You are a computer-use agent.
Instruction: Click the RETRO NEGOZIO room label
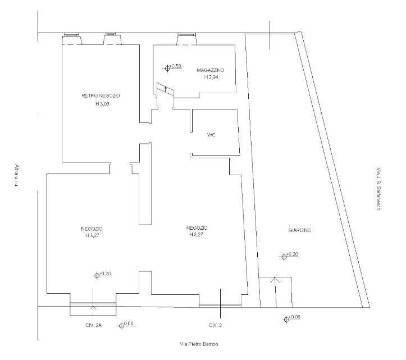pyautogui.click(x=101, y=96)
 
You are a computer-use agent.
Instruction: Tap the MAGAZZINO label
pyautogui.click(x=211, y=70)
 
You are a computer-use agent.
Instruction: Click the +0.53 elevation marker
pyautogui.click(x=172, y=67)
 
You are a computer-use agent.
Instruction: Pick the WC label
pyautogui.click(x=212, y=135)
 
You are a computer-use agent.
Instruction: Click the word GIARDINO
pyautogui.click(x=300, y=230)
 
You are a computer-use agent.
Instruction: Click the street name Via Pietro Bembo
pyautogui.click(x=195, y=344)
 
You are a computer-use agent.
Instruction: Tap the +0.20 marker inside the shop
pyautogui.click(x=102, y=275)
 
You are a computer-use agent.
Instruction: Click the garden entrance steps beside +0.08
pyautogui.click(x=275, y=291)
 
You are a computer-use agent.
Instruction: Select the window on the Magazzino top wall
pyautogui.click(x=186, y=39)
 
